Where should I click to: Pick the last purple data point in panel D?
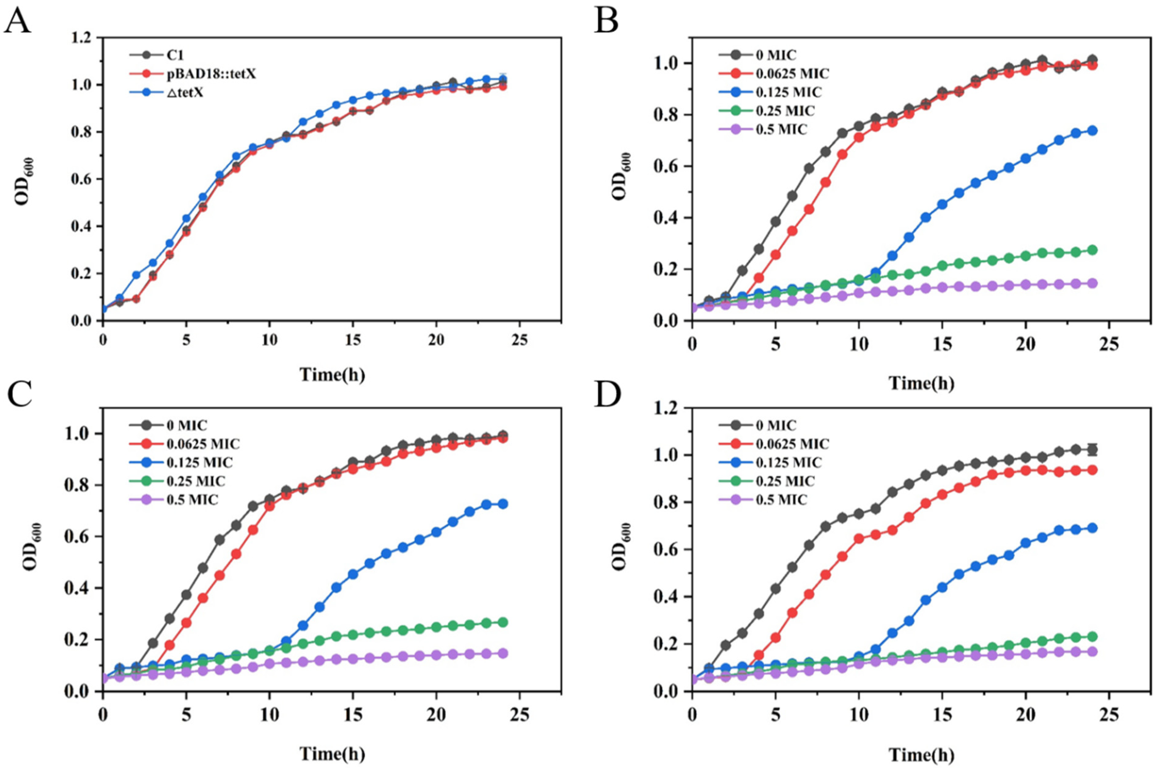(x=1092, y=652)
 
